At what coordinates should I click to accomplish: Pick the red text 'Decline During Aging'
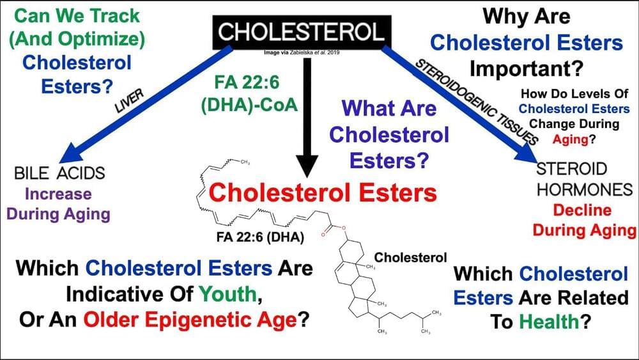(x=581, y=220)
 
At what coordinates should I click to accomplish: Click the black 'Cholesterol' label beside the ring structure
(x=410, y=258)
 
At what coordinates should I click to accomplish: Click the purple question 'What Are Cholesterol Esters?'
(x=389, y=134)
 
